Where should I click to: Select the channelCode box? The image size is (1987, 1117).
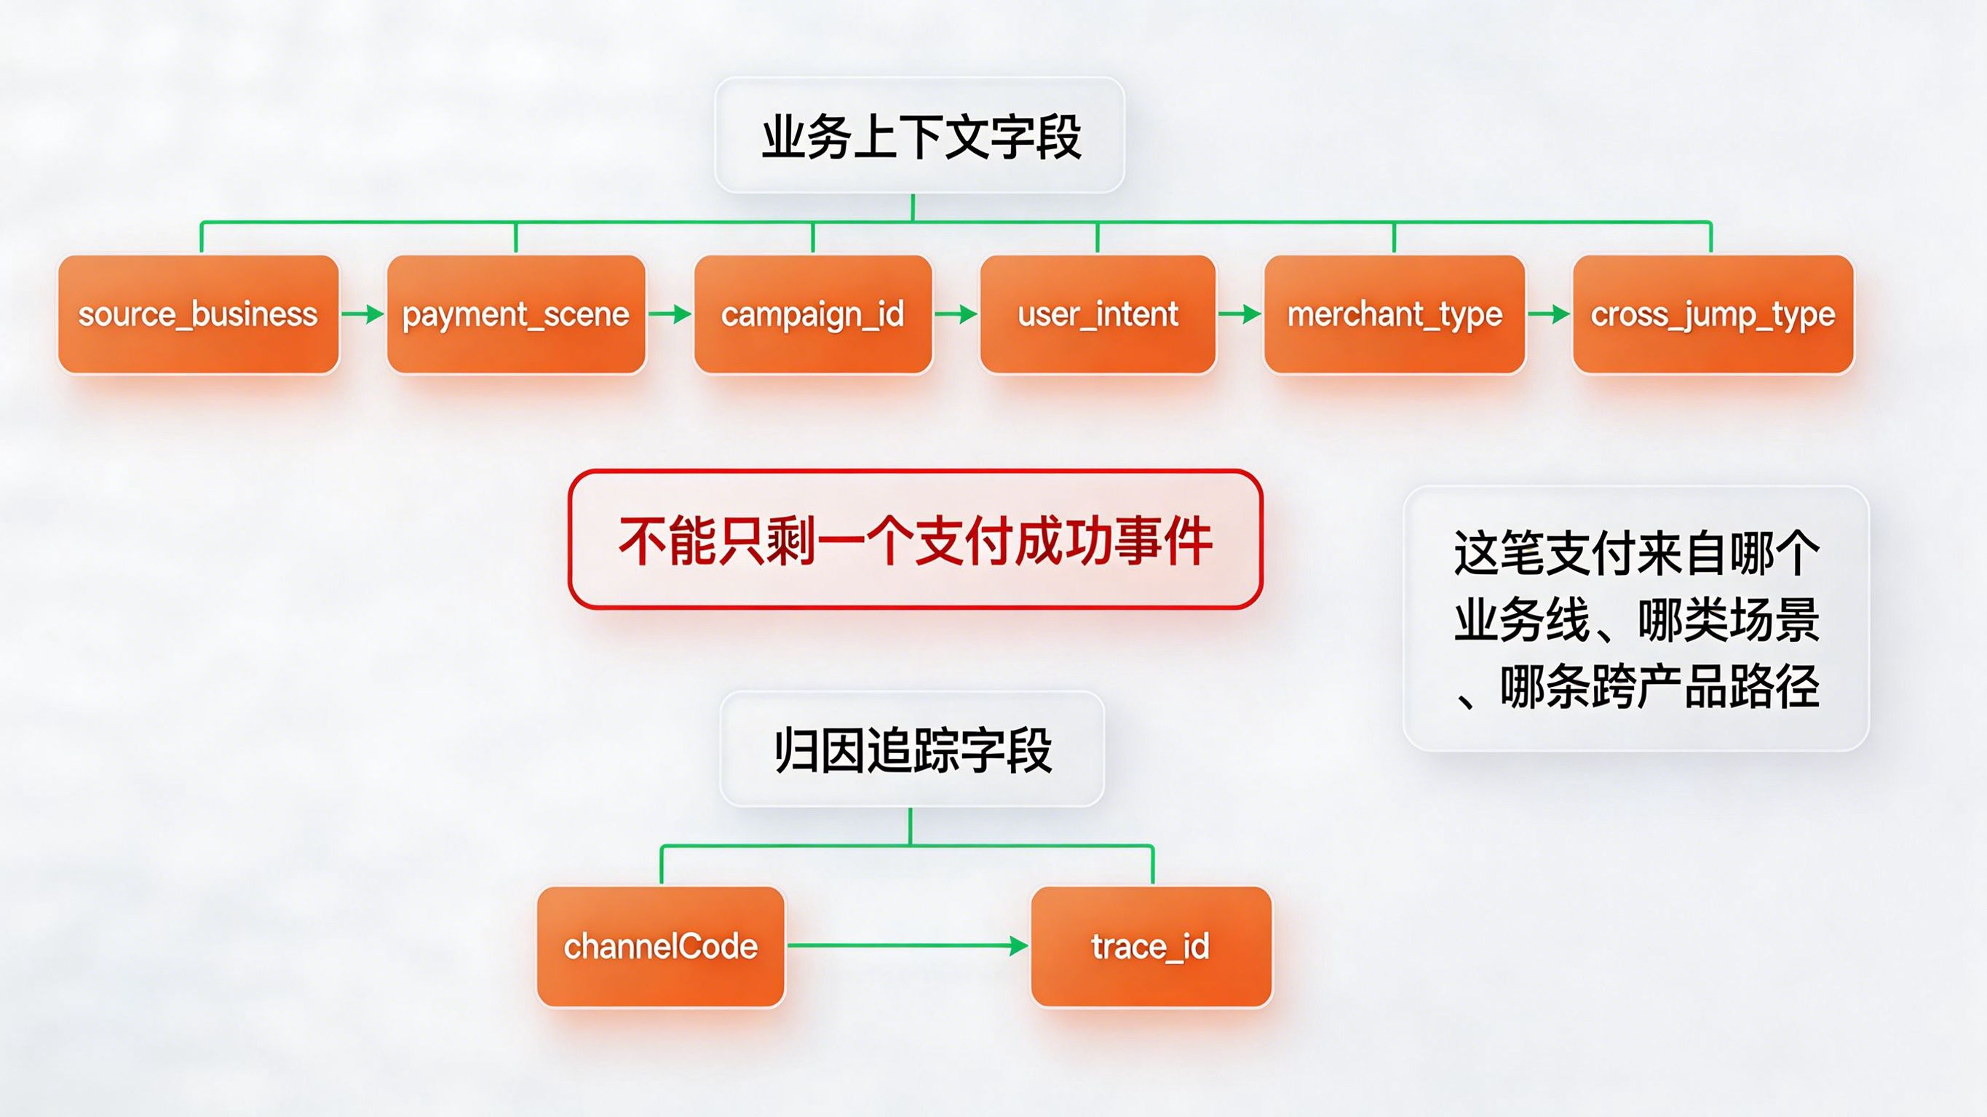tap(661, 947)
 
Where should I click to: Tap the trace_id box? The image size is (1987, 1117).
tap(1151, 947)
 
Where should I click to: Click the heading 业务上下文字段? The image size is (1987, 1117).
tap(919, 136)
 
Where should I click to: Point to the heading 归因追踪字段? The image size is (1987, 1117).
tap(912, 750)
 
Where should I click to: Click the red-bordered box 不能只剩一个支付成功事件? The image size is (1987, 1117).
tap(915, 540)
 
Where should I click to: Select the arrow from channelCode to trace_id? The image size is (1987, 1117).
tap(907, 946)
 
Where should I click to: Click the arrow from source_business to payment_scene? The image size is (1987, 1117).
tap(362, 314)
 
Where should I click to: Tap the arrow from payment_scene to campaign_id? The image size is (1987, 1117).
tap(670, 314)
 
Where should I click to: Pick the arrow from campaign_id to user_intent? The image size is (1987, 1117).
tap(956, 314)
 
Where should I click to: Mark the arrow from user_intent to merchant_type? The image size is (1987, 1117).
tap(1240, 314)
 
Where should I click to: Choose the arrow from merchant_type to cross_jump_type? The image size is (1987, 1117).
tap(1548, 314)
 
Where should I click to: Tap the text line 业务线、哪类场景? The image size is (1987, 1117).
tap(1636, 619)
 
